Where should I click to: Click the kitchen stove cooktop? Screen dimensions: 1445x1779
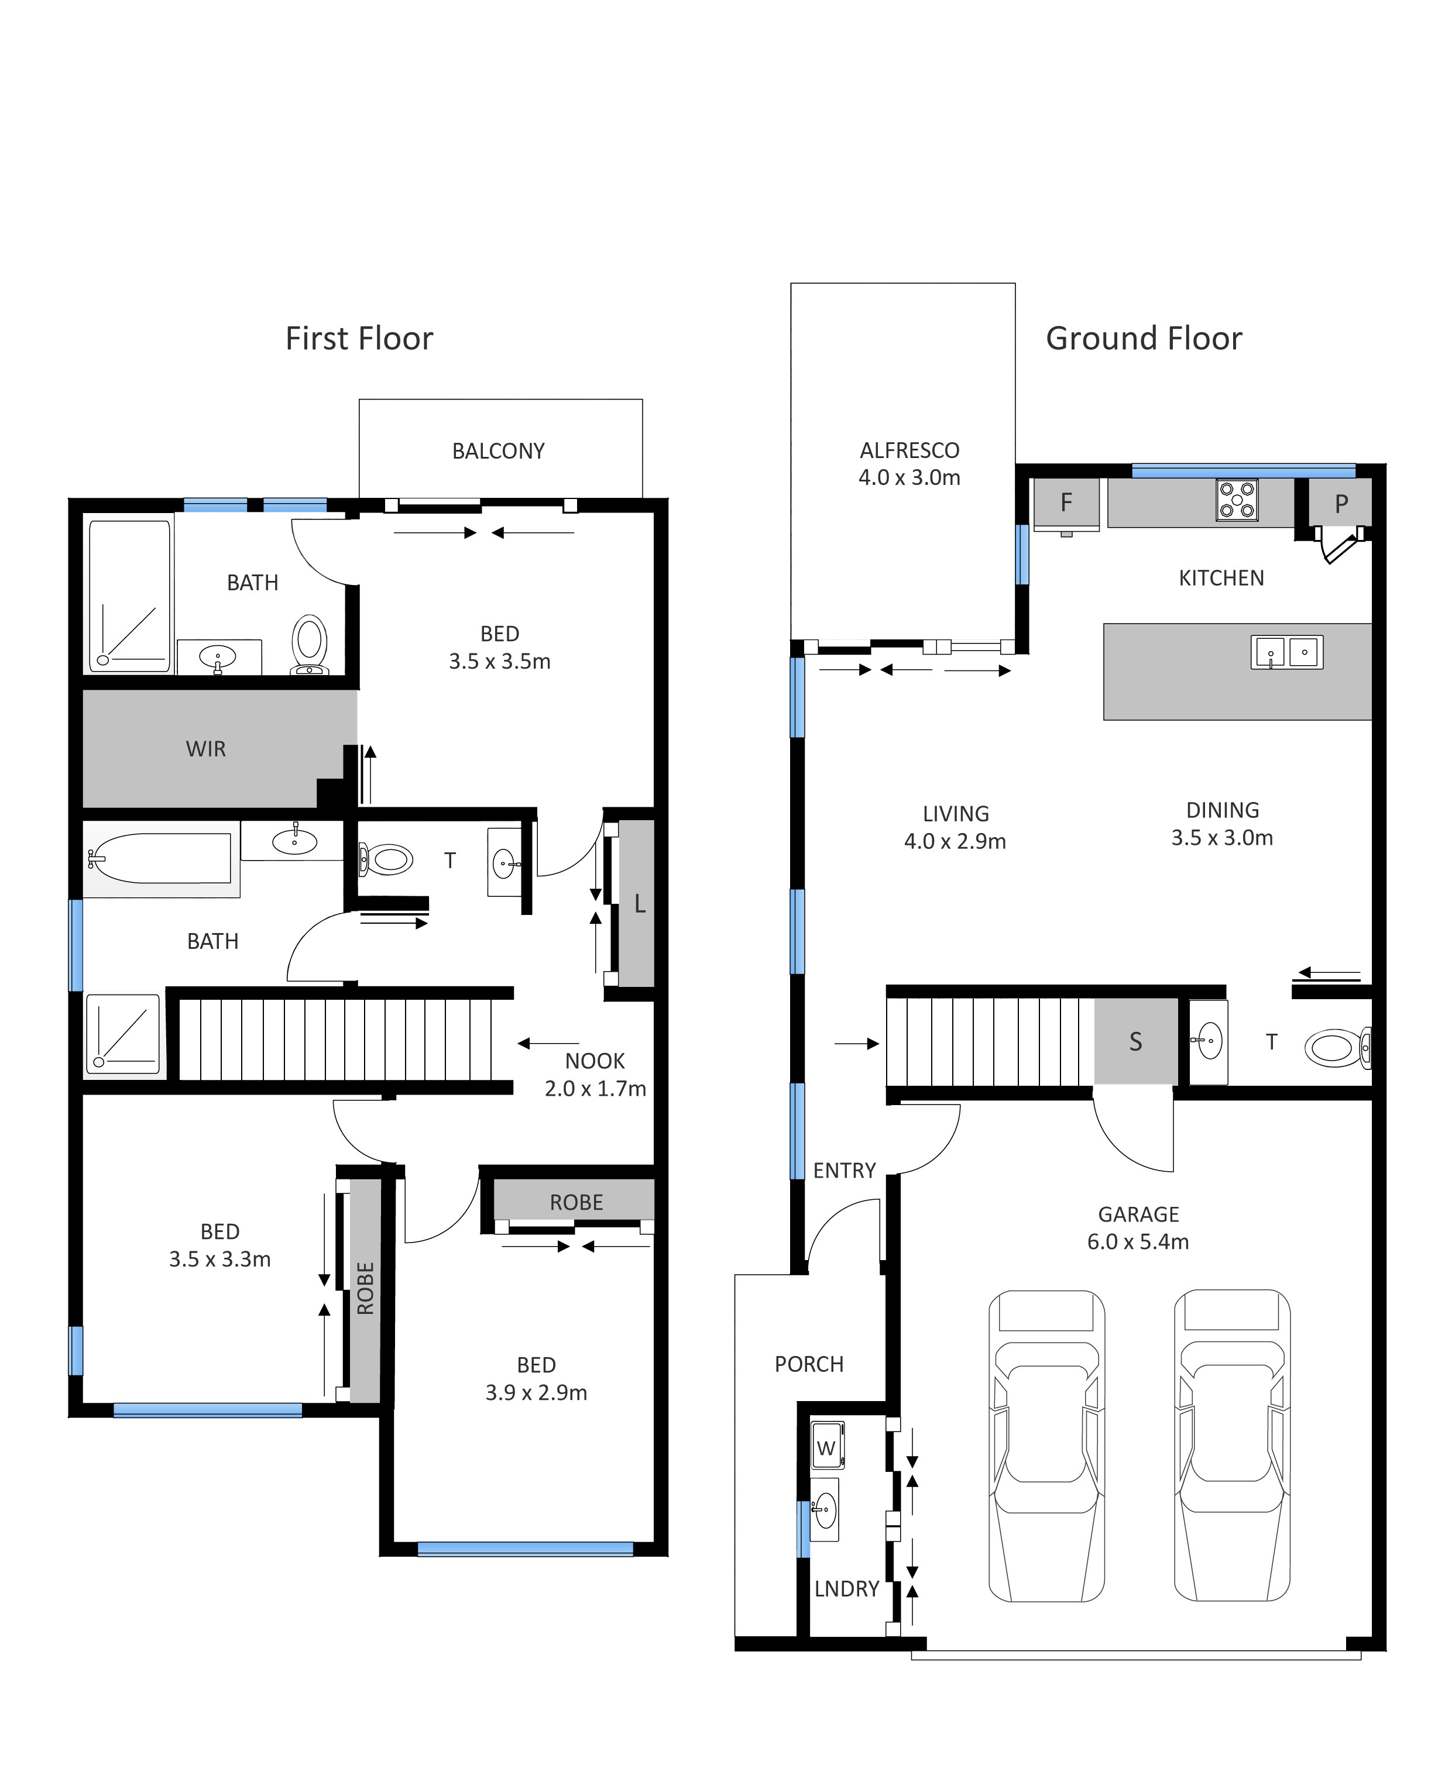coord(1237,500)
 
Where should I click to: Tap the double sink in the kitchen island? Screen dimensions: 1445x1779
coord(1287,652)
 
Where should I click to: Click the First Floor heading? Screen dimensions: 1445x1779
coord(359,339)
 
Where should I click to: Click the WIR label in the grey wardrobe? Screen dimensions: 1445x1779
coord(205,749)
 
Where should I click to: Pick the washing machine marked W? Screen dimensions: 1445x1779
coord(828,1447)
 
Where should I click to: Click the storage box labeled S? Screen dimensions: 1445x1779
coord(1135,1041)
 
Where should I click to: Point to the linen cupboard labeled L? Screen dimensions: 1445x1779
coord(637,904)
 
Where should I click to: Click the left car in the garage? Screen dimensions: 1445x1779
coord(1046,1446)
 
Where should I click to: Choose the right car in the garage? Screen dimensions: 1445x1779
coord(1232,1446)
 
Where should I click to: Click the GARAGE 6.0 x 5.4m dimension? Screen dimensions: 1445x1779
coord(1138,1227)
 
